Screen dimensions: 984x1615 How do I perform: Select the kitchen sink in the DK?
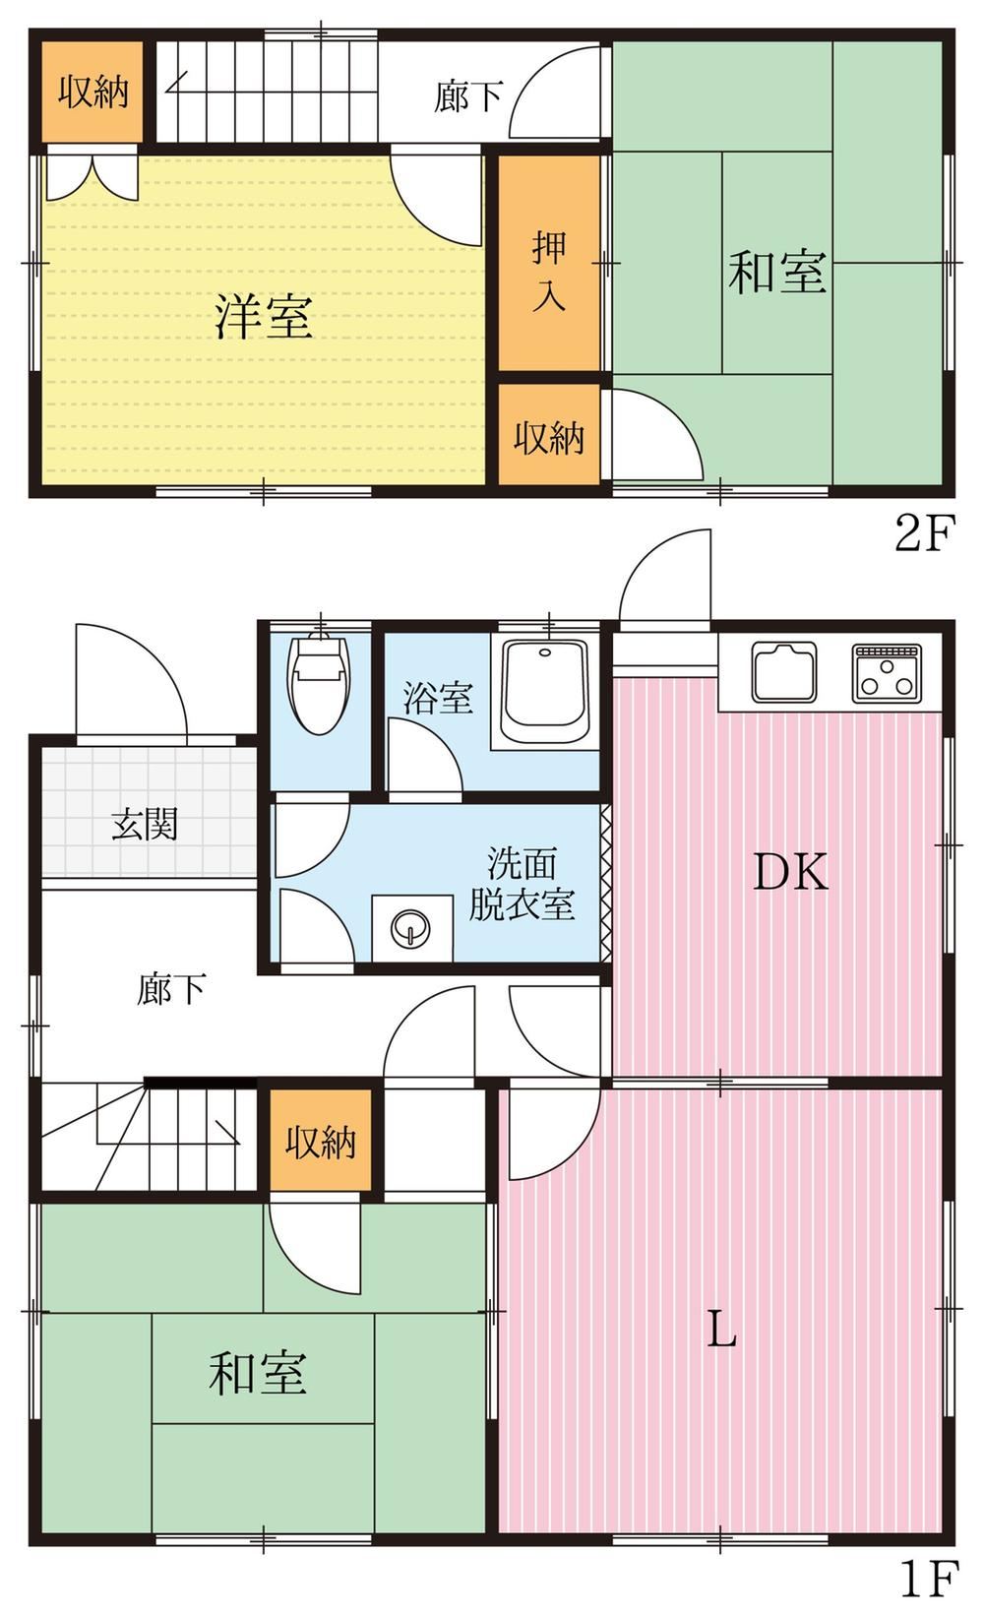coord(784,672)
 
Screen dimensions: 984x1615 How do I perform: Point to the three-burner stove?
coord(886,673)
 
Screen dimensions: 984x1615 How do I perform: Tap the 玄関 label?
coord(145,824)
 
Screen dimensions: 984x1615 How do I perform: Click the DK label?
coord(791,872)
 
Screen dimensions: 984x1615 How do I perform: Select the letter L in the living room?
coord(721,1329)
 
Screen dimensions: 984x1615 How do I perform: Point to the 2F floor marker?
coord(924,533)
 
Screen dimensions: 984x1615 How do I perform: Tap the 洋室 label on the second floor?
coord(264,317)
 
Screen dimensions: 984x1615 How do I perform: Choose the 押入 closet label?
coord(549,272)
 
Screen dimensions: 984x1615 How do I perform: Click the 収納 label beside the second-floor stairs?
coord(93,92)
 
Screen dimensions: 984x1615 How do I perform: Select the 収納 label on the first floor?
coord(320,1142)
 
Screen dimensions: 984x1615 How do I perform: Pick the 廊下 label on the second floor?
coord(468,95)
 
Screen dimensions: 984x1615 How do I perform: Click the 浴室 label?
coord(438,697)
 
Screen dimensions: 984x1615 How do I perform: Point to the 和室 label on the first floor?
coord(258,1371)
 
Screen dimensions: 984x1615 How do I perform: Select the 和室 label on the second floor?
coord(776,272)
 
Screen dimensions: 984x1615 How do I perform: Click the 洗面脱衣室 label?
coord(522,883)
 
